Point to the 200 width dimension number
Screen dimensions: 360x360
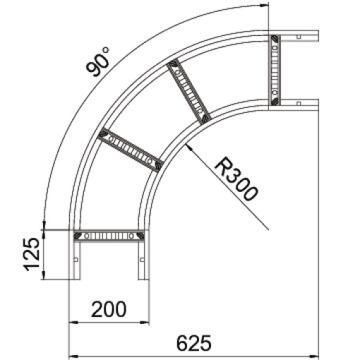[x=109, y=308]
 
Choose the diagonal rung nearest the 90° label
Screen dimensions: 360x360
[x=130, y=149]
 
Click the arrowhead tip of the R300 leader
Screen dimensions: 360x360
[x=188, y=145]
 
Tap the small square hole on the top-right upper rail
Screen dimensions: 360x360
[x=299, y=36]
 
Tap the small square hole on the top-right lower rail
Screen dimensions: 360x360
[x=299, y=103]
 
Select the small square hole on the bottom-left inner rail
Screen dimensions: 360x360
[x=143, y=259]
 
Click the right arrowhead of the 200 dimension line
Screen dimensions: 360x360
[x=148, y=324]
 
